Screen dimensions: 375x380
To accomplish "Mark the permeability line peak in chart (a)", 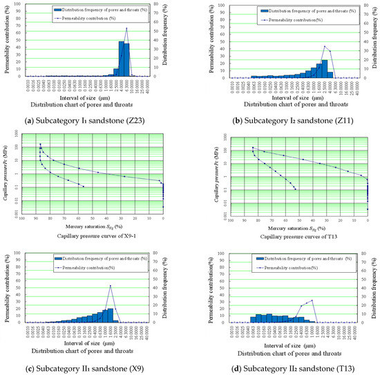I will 126,28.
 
